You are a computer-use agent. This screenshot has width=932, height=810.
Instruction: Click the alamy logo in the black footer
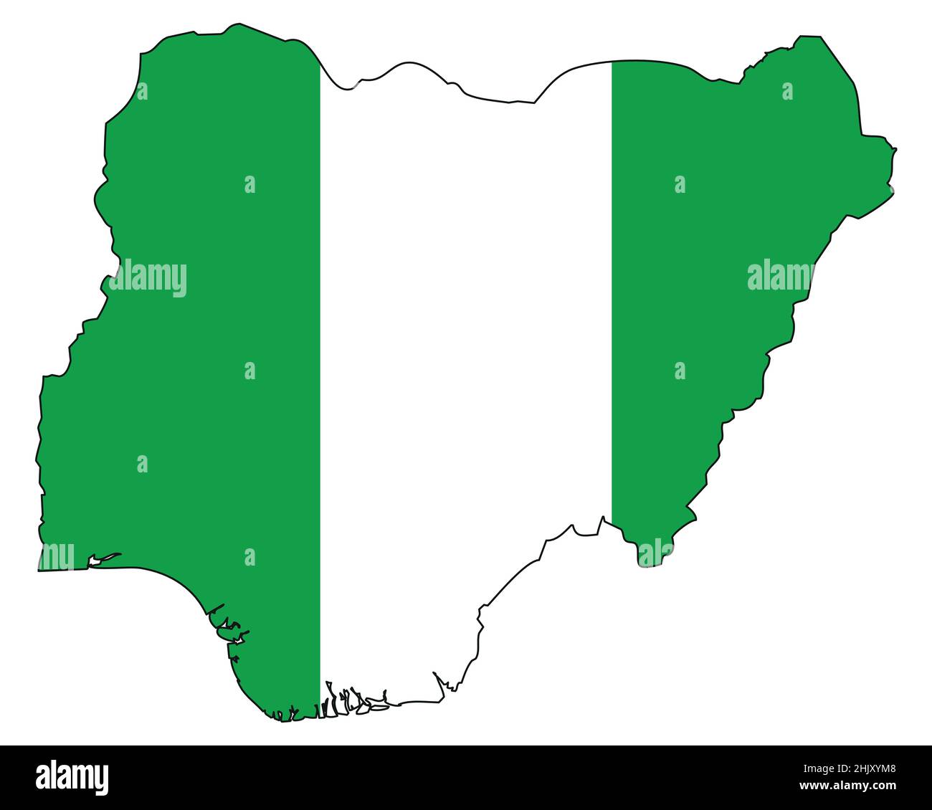tap(72, 777)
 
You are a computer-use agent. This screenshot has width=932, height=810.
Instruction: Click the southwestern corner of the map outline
tap(39, 570)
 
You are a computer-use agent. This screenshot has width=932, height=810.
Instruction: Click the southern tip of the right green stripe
tap(641, 563)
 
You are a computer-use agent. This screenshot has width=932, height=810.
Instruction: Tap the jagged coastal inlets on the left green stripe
tap(229, 631)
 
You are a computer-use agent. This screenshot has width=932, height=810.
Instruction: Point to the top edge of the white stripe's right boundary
tap(612, 63)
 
